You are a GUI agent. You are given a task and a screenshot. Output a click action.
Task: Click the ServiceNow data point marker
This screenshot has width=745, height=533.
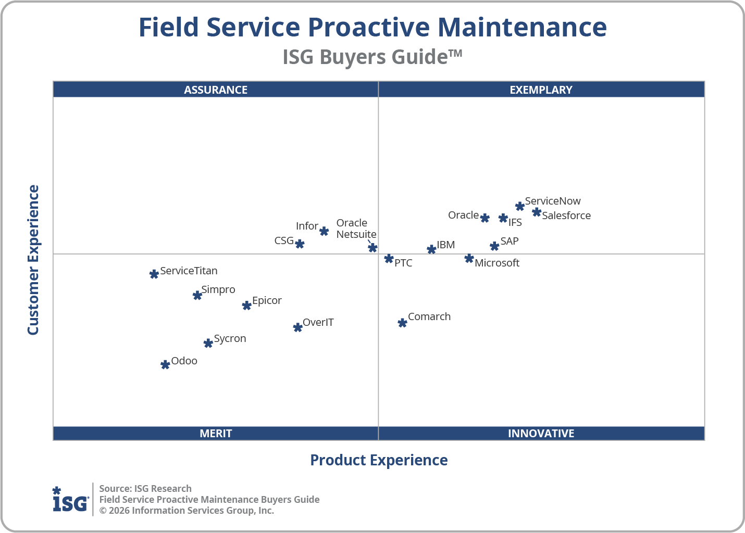[x=519, y=206]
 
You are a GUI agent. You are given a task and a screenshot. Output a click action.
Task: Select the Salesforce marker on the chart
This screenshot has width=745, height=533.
[x=537, y=212]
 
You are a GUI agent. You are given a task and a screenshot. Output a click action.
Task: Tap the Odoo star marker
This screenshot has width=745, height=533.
[x=165, y=365]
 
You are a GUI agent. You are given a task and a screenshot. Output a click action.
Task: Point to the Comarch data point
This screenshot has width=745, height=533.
[x=402, y=323]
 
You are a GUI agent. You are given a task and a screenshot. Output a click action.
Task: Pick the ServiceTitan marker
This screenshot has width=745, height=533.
[x=154, y=274]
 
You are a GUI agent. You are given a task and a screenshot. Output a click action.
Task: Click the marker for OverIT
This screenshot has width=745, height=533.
[x=297, y=327]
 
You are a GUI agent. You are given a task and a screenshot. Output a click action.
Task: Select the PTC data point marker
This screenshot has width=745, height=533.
[x=389, y=259]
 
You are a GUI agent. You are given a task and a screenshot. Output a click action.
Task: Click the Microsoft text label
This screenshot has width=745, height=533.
[x=496, y=263]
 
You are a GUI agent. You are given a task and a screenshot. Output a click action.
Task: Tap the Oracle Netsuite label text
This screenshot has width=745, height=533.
[x=356, y=229]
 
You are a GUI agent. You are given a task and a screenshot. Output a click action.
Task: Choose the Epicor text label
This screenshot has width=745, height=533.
[x=267, y=300]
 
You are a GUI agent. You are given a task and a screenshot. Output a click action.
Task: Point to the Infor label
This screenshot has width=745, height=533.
[x=307, y=226]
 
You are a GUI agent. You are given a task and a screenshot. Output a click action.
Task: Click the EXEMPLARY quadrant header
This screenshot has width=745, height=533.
[x=541, y=90]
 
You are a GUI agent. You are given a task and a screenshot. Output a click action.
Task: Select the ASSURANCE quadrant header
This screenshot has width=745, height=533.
[x=216, y=90]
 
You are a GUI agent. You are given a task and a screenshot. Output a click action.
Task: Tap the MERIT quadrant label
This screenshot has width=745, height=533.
[x=216, y=433]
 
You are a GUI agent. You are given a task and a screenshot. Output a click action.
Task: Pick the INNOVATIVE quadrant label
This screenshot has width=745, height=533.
[x=541, y=433]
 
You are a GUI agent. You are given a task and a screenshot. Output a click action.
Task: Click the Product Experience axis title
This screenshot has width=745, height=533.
[x=379, y=460]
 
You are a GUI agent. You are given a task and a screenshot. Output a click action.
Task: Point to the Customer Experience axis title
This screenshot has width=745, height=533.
[x=33, y=260]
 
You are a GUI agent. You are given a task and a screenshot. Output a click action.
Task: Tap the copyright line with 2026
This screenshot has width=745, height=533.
[x=187, y=511]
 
